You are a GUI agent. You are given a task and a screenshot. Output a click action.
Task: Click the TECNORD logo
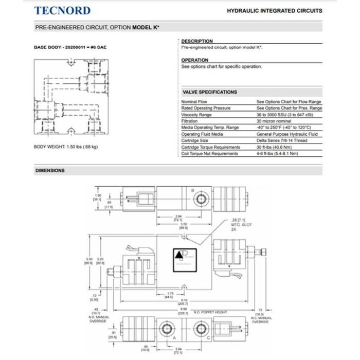(x=62, y=10)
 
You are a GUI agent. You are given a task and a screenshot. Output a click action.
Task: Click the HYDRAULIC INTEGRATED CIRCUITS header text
(x=274, y=10)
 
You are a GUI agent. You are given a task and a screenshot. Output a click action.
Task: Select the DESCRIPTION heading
(x=197, y=41)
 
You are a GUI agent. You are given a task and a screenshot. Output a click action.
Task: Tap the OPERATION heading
(x=195, y=60)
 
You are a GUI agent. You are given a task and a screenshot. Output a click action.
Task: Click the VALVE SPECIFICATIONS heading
(x=210, y=92)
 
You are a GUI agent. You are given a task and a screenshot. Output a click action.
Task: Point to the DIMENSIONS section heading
(x=50, y=170)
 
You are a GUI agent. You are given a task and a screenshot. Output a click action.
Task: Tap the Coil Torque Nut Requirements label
(x=210, y=153)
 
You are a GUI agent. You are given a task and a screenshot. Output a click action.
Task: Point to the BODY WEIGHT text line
(x=65, y=147)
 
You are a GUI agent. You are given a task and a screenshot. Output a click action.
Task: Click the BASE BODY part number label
(x=70, y=47)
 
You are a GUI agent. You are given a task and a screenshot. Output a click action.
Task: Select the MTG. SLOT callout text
(x=238, y=225)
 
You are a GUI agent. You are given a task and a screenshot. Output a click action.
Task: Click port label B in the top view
(x=193, y=190)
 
